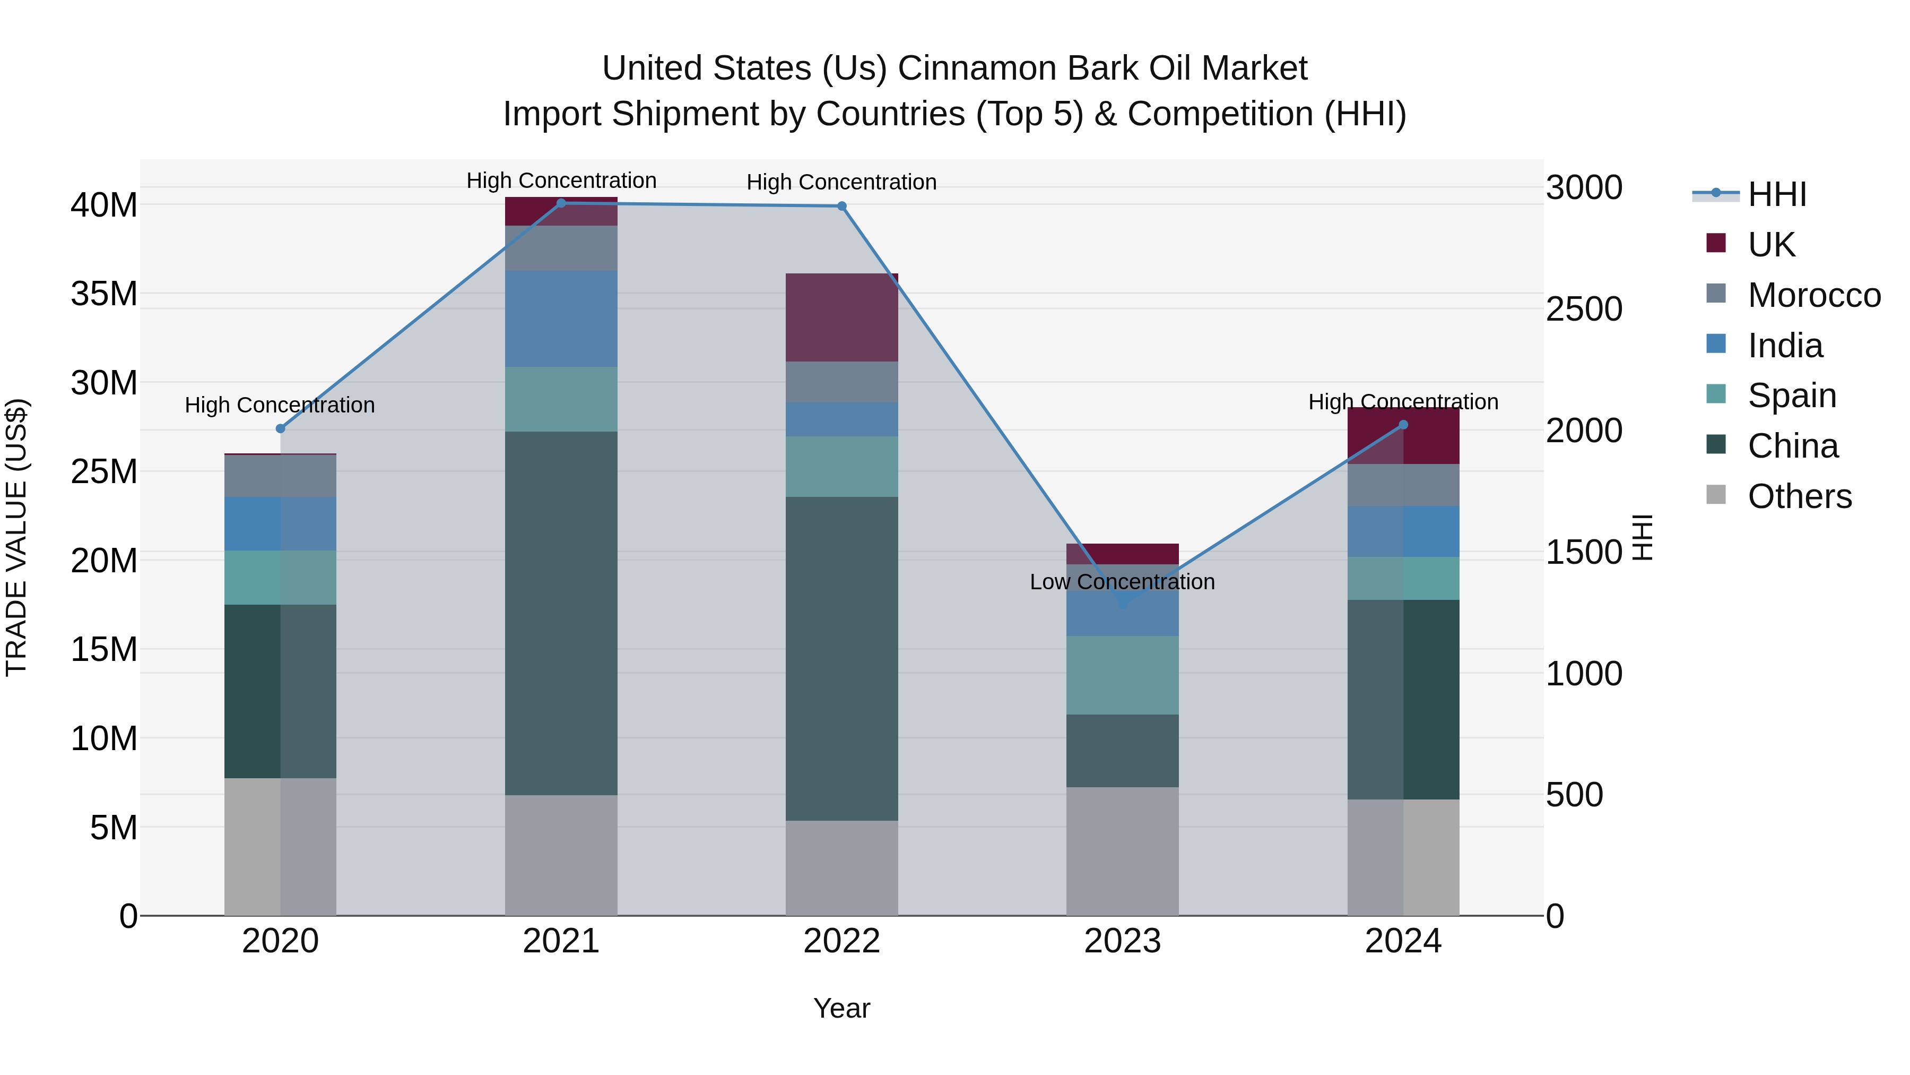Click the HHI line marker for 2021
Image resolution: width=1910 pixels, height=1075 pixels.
coord(561,203)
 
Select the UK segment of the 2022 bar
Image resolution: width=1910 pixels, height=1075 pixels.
coord(841,317)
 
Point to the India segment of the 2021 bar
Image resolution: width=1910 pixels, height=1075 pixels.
coord(561,319)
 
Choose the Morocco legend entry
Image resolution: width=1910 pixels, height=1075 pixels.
coord(1813,295)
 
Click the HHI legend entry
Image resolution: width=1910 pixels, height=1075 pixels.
coord(1776,194)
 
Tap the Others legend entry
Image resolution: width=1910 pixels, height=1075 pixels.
coord(1800,496)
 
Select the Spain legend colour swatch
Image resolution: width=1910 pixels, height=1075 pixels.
coord(1716,394)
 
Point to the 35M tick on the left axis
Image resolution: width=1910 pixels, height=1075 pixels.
coord(104,294)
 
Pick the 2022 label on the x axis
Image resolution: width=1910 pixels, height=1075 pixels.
coord(841,941)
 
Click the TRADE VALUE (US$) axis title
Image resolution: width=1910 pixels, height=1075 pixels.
coord(16,537)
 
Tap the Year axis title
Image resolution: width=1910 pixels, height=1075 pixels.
coord(841,1008)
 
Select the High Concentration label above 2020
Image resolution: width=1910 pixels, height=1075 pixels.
coord(280,405)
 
